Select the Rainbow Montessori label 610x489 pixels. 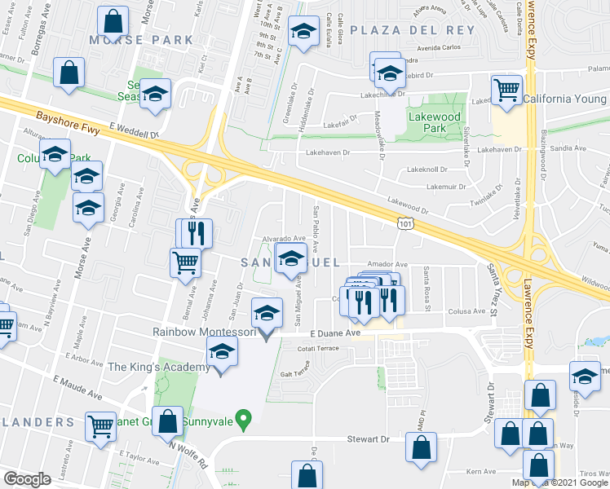[205, 332]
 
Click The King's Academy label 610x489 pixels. [153, 367]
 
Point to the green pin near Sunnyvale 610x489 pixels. [242, 421]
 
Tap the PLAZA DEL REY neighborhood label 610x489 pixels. [412, 29]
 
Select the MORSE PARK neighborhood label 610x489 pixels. [142, 39]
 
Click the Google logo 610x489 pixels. [28, 479]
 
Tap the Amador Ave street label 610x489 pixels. [387, 264]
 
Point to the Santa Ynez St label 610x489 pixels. [494, 284]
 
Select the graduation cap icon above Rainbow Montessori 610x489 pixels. [265, 312]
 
